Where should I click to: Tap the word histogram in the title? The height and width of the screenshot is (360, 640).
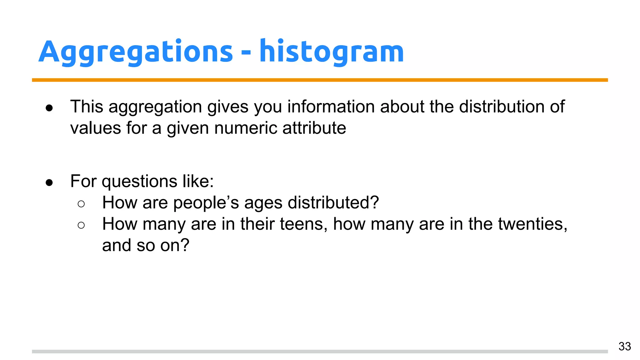pyautogui.click(x=332, y=52)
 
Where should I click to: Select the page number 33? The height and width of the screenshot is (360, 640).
pyautogui.click(x=624, y=346)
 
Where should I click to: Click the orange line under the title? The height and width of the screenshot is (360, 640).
pyautogui.click(x=320, y=80)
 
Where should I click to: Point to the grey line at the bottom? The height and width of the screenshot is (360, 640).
pyautogui.click(x=320, y=352)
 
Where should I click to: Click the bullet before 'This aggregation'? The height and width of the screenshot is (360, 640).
pyautogui.click(x=49, y=108)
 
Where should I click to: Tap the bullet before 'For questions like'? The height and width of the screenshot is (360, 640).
pyautogui.click(x=49, y=182)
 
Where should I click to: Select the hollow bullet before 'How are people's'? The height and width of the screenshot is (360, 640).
pyautogui.click(x=81, y=204)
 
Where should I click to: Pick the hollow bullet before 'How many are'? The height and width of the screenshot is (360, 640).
pyautogui.click(x=81, y=225)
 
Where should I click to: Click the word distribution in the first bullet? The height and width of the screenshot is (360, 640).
pyautogui.click(x=502, y=107)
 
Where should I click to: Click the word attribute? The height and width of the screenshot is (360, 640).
pyautogui.click(x=314, y=128)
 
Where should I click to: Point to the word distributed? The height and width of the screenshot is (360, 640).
pyautogui.click(x=333, y=202)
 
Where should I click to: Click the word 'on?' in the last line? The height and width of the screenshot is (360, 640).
pyautogui.click(x=175, y=245)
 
